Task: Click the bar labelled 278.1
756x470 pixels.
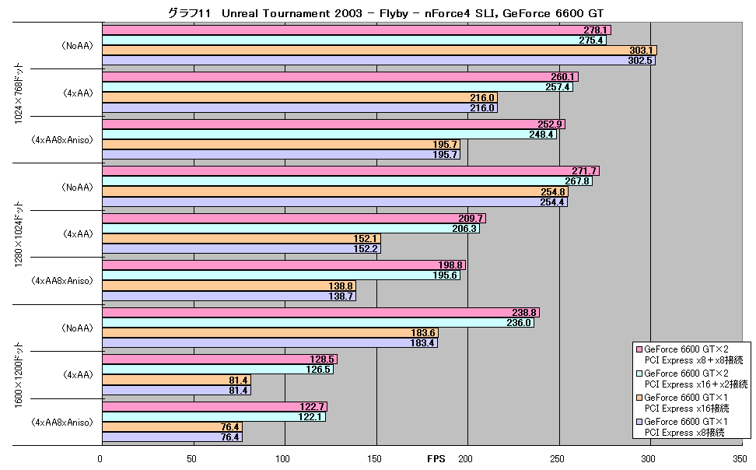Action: point(357,30)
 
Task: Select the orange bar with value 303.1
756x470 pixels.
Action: point(380,51)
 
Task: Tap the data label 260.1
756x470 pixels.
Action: point(562,77)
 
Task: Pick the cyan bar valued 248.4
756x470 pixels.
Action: point(329,135)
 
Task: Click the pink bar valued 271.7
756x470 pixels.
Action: point(351,171)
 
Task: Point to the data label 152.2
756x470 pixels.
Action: point(366,249)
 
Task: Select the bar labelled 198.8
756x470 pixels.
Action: point(284,265)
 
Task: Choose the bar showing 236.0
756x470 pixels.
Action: point(318,323)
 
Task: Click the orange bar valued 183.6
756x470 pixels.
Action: point(271,333)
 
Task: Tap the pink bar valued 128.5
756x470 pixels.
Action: point(220,360)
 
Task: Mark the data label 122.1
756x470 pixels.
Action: point(310,417)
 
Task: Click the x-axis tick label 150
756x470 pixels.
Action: point(374,459)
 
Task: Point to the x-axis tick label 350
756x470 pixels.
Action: point(737,459)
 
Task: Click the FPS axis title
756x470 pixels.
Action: point(436,459)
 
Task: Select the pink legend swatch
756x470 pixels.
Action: point(639,349)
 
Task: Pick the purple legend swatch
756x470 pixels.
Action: point(639,422)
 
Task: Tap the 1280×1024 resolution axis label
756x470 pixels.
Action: point(19,234)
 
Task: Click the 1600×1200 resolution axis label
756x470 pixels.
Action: point(19,375)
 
